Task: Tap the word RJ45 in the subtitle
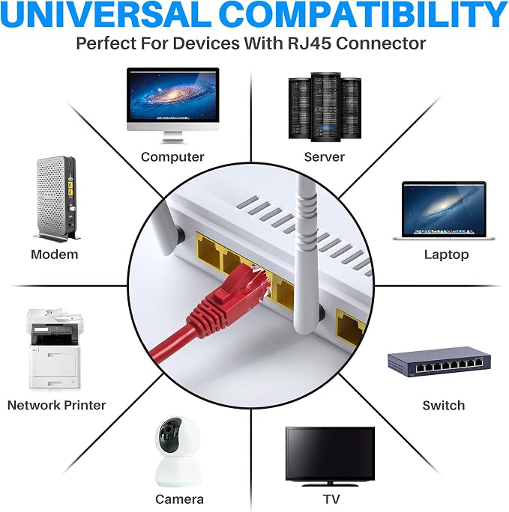pos(310,43)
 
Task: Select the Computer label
pos(172,157)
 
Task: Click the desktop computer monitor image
pos(173,106)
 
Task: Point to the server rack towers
pos(325,107)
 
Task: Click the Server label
pos(325,157)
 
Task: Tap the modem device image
pos(57,199)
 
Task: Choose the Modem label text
pos(55,255)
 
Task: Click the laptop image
pos(444,210)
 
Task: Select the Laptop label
pos(447,255)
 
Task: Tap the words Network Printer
pos(56,405)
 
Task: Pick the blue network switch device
pos(440,362)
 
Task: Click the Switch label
pos(444,406)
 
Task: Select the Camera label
pos(179,499)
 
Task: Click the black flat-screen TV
pos(330,456)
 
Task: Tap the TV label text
pos(331,499)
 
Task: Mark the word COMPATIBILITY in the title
pos(363,14)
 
